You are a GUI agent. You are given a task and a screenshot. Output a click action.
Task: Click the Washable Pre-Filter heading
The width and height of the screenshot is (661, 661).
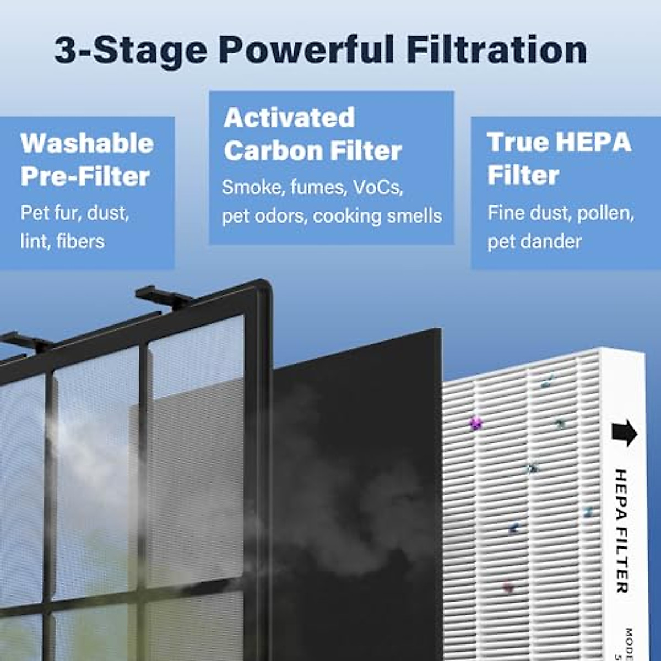coord(86,160)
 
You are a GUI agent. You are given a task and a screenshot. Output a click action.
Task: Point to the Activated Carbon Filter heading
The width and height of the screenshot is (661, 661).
coord(312,134)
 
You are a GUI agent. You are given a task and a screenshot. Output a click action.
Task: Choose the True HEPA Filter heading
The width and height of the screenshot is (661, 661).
coord(559,159)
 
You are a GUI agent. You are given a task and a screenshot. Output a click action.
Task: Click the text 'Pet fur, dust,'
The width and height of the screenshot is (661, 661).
coord(75,213)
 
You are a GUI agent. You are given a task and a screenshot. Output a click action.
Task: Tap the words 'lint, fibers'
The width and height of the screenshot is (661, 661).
coord(62,241)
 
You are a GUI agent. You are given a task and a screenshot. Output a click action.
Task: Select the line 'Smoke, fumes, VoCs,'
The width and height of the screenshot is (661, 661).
coord(312,187)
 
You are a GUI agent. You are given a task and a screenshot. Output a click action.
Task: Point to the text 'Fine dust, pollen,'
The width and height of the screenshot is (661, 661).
coord(560,213)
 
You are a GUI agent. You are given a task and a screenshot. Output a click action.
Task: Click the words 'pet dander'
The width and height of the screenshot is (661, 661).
coord(534,241)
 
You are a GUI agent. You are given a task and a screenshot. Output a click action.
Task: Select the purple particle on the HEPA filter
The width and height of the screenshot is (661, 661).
coord(475,423)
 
